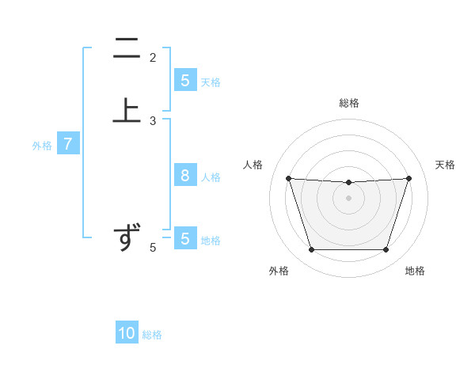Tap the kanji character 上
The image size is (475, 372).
pos(127,109)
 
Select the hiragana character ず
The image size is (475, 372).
pos(127,237)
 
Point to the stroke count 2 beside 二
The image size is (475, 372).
pos(153,57)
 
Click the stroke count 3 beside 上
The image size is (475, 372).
pos(153,121)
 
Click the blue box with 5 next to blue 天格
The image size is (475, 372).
pos(184,81)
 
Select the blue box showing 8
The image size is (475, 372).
pos(184,176)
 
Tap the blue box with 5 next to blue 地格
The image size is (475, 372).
pos(184,238)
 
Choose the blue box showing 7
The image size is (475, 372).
pos(68,144)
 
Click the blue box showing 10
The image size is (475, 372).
pos(127,333)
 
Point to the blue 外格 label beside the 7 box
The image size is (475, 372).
pos(42,146)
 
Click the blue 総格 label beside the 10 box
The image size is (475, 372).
pos(152,335)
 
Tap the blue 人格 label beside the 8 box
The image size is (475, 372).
pos(211,177)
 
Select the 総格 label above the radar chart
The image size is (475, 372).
pos(348,103)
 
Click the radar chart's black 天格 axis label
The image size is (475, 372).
pos(446,165)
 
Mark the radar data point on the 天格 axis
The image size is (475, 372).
pos(408,178)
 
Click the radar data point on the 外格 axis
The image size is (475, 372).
pos(311,250)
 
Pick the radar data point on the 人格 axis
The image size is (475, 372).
pos(288,178)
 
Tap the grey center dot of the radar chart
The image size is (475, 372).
pos(348,198)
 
